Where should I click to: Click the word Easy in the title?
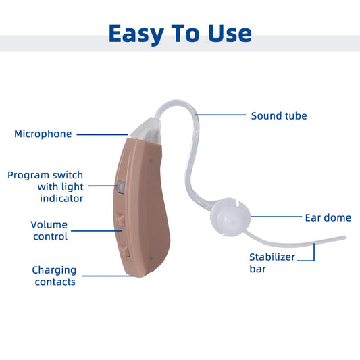(135, 33)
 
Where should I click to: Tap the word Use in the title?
(228, 33)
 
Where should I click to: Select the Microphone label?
(43, 134)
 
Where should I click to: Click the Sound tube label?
(279, 115)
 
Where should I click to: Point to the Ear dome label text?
(328, 217)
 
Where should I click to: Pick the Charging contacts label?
(54, 276)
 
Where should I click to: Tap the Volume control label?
(49, 230)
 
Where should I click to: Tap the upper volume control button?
(120, 220)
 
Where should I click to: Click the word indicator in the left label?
(61, 198)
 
